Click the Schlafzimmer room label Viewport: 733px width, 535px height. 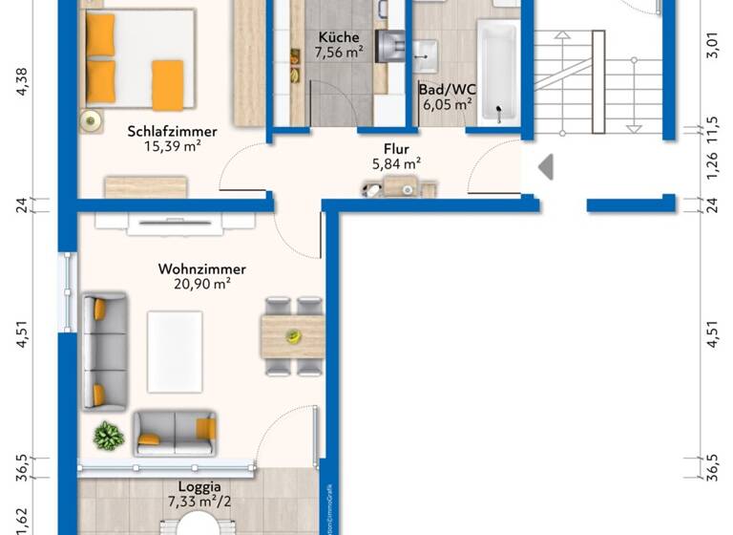click(172, 132)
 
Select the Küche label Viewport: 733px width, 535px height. click(339, 37)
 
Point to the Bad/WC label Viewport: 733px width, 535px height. click(447, 89)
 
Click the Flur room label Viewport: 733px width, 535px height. click(396, 149)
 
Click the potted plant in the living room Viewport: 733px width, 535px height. click(108, 437)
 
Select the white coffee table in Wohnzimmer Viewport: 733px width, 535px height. click(174, 351)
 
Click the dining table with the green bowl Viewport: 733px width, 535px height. click(294, 336)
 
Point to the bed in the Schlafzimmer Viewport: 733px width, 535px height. click(136, 59)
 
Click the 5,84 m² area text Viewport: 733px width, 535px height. click(396, 163)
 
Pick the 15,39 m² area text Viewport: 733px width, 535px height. click(172, 147)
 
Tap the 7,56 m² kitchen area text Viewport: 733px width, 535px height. click(339, 53)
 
